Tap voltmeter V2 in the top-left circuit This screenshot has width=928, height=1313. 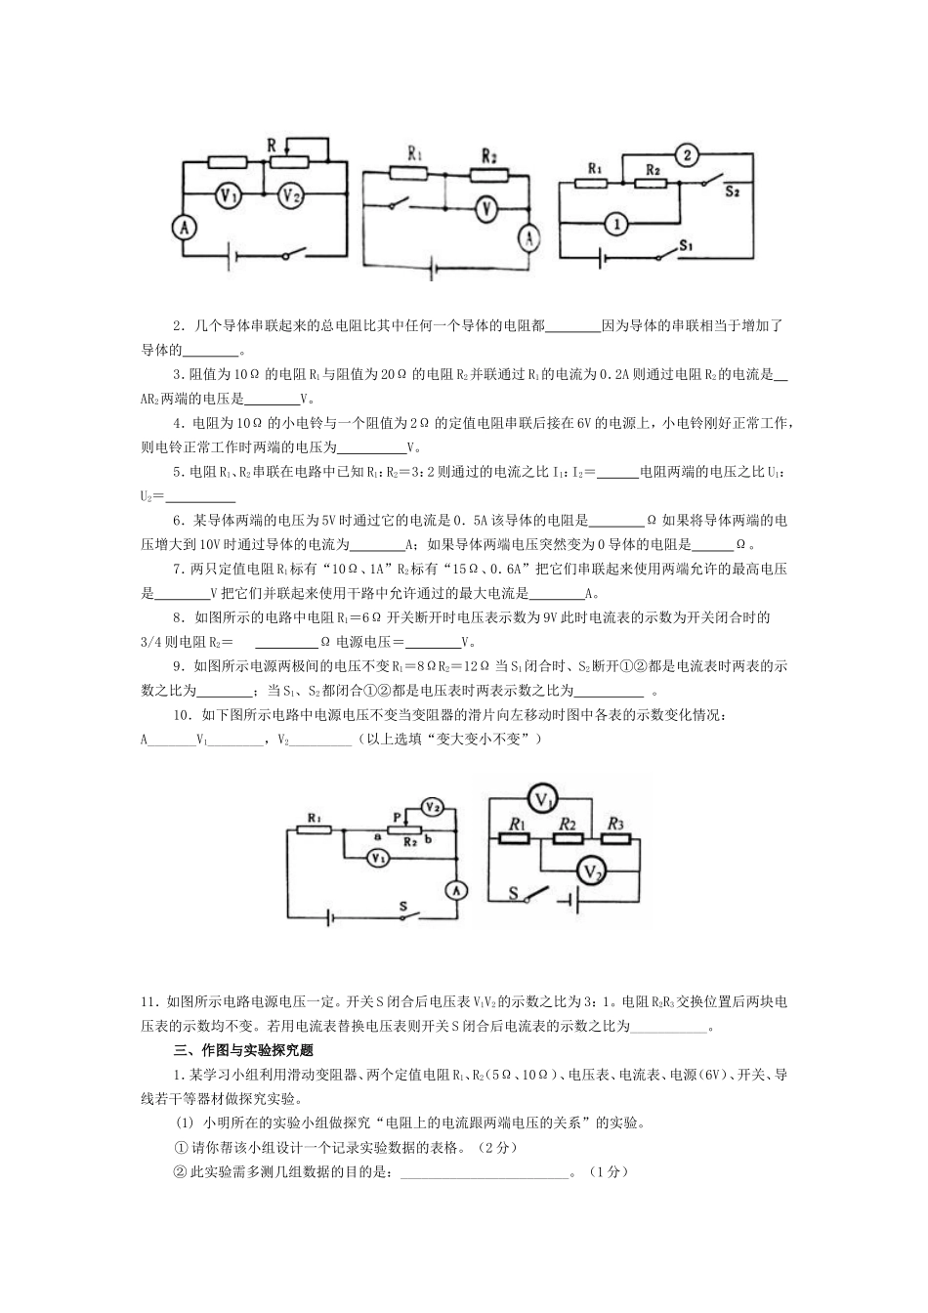click(289, 195)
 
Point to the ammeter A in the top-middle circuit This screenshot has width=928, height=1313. click(528, 236)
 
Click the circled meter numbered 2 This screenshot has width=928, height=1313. click(687, 154)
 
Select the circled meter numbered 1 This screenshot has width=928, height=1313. click(614, 225)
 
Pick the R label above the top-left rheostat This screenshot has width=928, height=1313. click(273, 145)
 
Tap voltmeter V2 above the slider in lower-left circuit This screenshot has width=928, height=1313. click(432, 806)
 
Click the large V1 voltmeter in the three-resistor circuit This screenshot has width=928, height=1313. click(542, 800)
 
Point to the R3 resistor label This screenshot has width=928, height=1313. click(614, 824)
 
